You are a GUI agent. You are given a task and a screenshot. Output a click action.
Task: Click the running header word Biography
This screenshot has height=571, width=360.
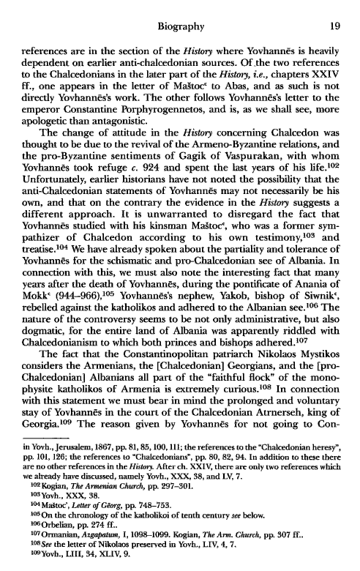(x=179, y=9)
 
